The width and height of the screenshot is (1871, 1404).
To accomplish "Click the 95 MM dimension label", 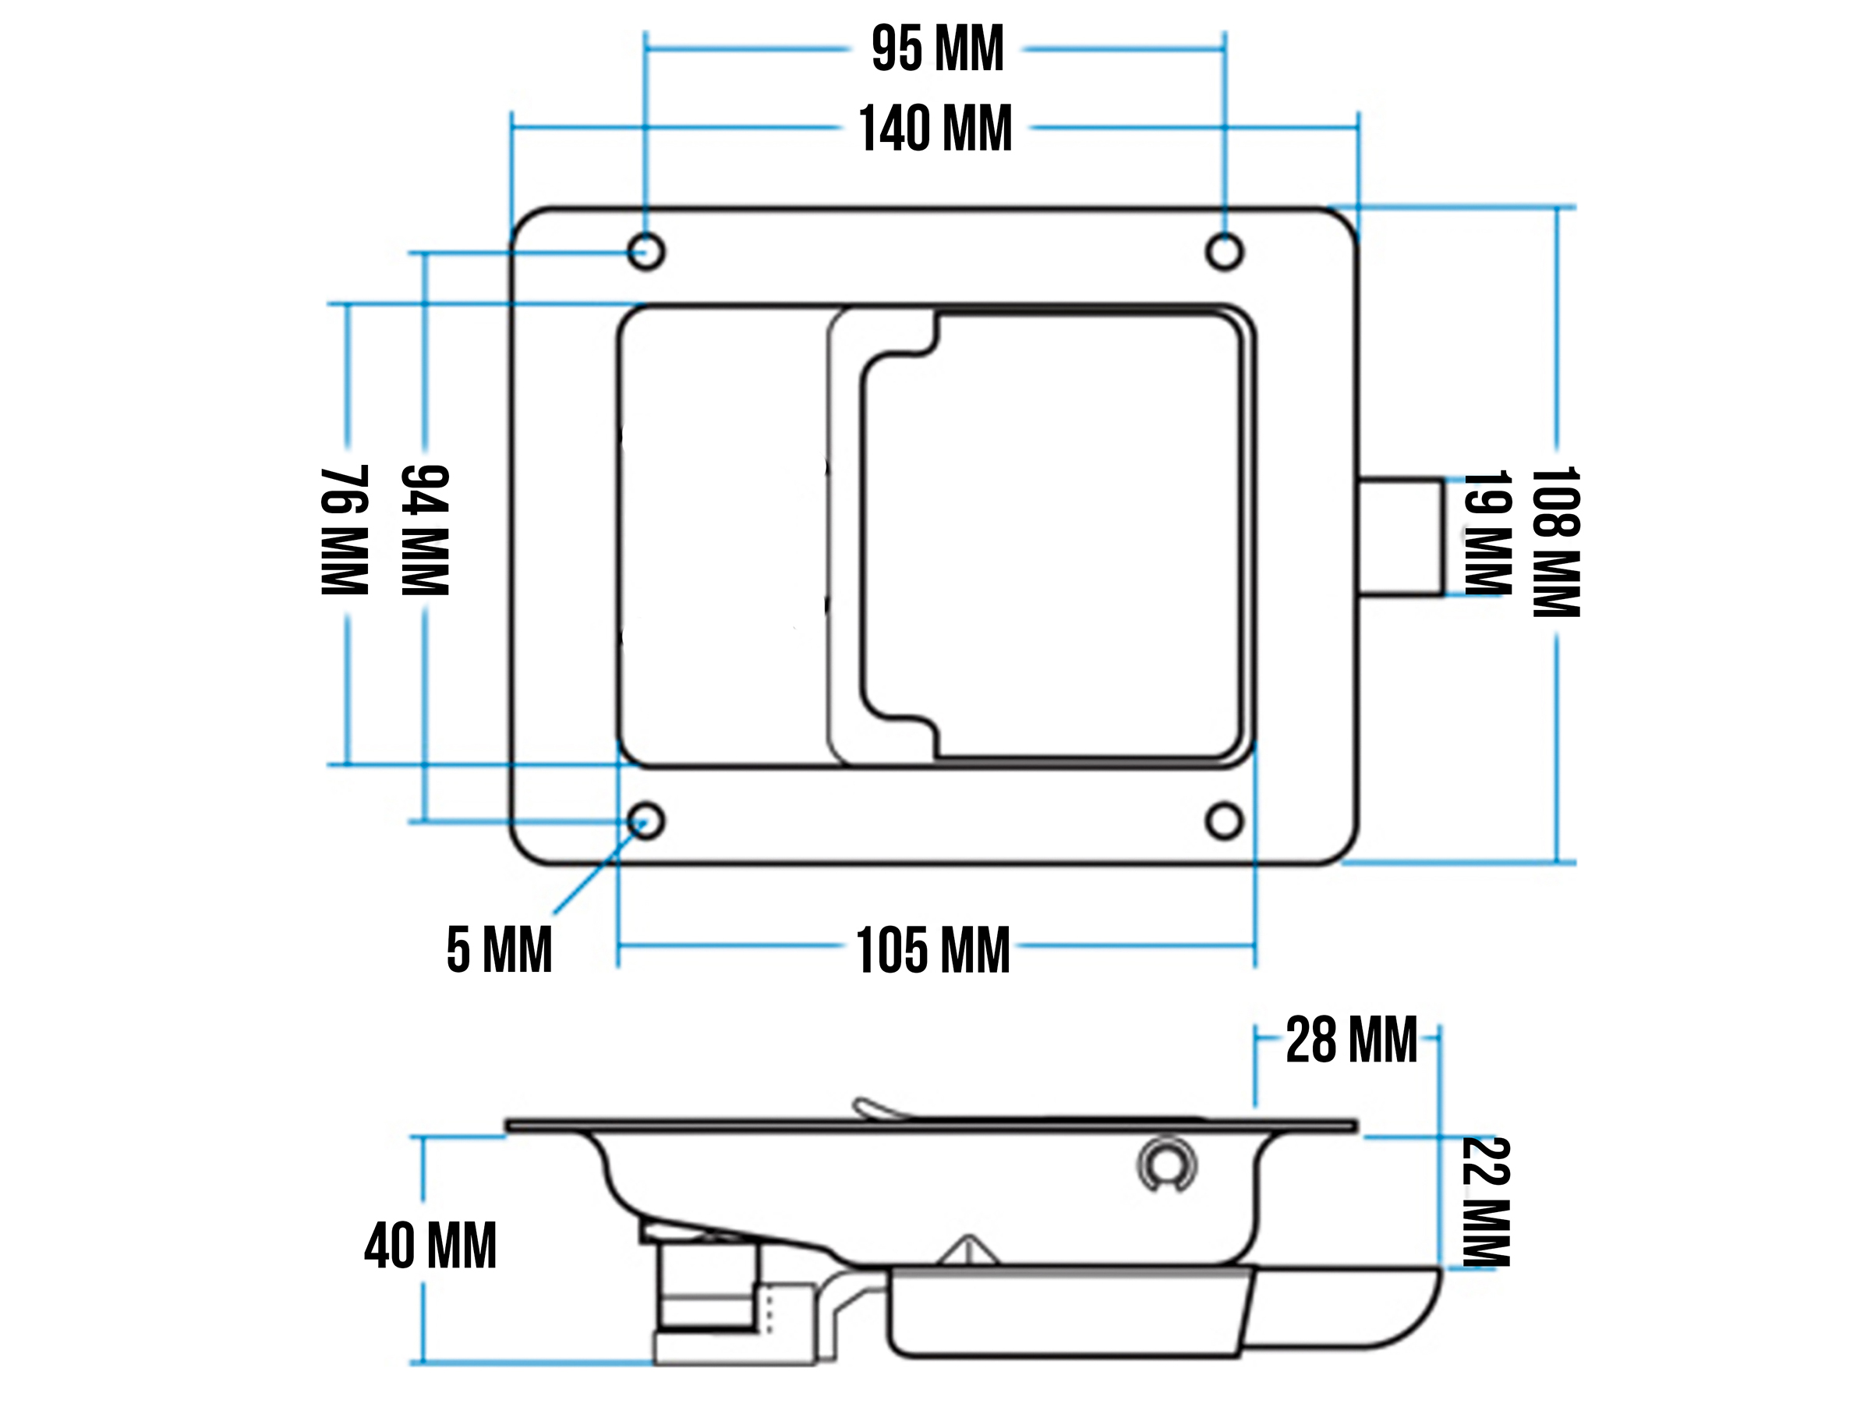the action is click(x=937, y=49).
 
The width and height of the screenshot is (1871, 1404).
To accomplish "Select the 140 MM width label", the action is click(x=935, y=129).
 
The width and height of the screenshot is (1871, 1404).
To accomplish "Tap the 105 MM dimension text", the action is click(x=933, y=949).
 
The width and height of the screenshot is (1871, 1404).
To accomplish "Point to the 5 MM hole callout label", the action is click(x=499, y=949).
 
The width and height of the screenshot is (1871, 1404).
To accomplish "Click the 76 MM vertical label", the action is click(x=345, y=530).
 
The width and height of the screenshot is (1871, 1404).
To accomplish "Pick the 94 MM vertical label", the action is click(x=425, y=530).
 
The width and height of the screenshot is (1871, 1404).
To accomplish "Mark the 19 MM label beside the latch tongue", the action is click(x=1487, y=534).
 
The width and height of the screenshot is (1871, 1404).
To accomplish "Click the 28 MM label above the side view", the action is click(x=1352, y=1040).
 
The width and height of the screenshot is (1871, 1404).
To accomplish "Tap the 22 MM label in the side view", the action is click(x=1486, y=1202).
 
